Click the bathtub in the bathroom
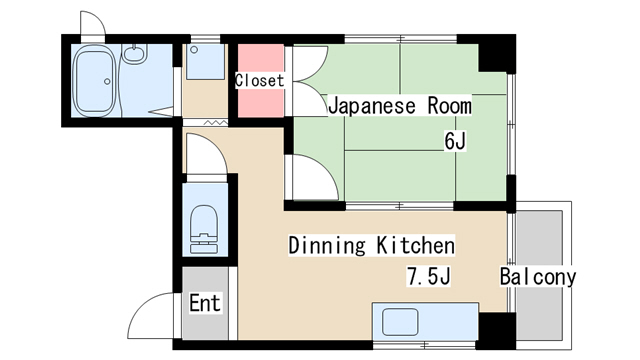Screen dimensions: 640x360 tap(94, 80)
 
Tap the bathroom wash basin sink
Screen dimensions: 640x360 tap(135, 54)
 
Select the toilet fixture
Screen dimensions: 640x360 tap(204, 230)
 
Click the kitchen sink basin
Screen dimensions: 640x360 tap(400, 322)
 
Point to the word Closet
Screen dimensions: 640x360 tap(259, 80)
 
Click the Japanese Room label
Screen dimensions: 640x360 tap(400, 106)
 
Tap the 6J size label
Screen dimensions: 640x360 tap(455, 141)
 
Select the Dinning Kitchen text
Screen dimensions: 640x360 tap(371, 245)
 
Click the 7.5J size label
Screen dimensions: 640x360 tap(429, 276)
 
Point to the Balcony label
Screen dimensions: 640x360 tap(538, 277)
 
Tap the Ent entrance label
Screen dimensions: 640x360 tap(205, 303)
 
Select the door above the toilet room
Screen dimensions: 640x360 tap(207, 154)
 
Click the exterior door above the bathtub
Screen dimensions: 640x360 tap(93, 25)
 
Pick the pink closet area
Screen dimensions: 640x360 tap(261, 81)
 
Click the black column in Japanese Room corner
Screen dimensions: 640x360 tap(497, 54)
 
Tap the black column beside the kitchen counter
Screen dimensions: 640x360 tap(497, 331)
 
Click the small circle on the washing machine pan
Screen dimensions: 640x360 tap(194, 50)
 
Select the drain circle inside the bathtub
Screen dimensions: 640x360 tap(107, 82)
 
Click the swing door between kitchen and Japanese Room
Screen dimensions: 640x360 tap(315, 178)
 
